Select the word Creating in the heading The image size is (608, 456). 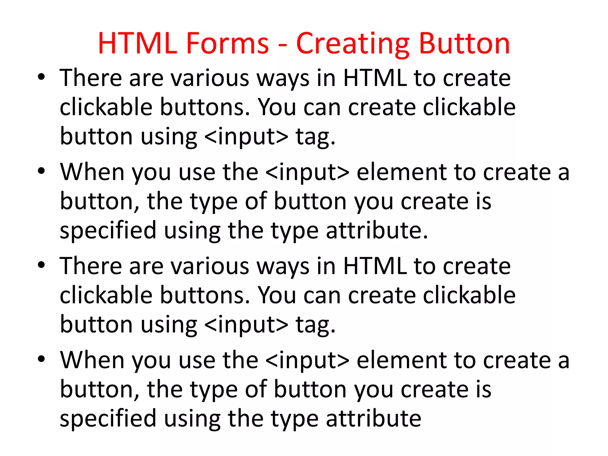coord(353,44)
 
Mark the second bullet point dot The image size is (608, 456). coord(41,171)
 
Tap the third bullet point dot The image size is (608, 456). coord(41,265)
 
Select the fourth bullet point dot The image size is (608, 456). coord(41,359)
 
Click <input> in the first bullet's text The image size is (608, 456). coord(246,137)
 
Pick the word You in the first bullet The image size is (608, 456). coord(277,107)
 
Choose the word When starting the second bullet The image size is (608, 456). coord(92,172)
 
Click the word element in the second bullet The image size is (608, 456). coord(402,172)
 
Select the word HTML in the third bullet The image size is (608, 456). coord(375,266)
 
